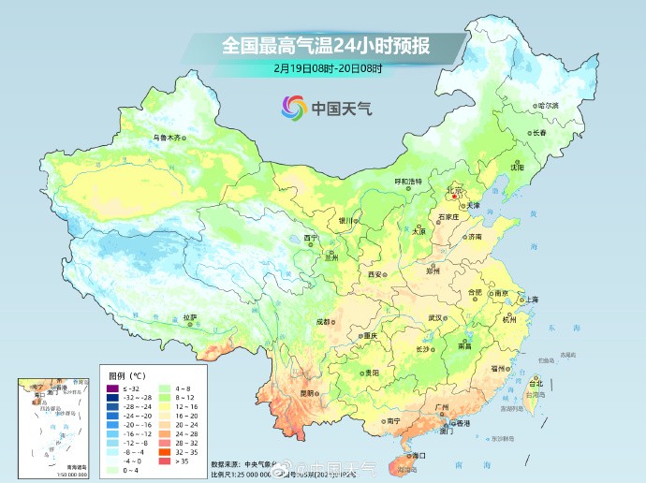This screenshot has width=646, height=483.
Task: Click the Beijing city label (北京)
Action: [455, 190]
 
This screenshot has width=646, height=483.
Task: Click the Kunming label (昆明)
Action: [306, 393]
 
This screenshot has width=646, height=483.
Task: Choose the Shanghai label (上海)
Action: [532, 299]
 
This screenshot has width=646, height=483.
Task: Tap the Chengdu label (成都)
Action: [323, 321]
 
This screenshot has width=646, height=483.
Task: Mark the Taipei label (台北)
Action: [536, 384]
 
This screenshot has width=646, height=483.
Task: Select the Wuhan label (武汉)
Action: [435, 317]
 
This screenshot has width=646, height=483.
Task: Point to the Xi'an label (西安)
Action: [375, 274]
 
